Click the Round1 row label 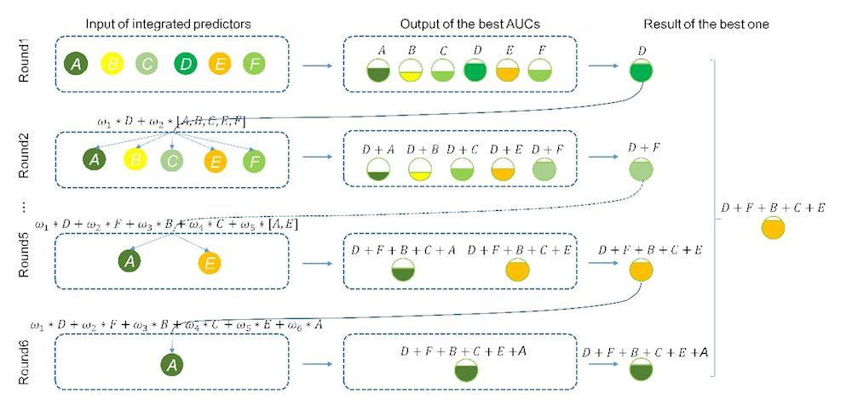[x=23, y=64]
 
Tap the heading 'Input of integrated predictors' [x=168, y=24]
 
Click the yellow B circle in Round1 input [x=112, y=63]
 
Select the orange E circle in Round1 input [x=219, y=63]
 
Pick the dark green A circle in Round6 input [x=173, y=365]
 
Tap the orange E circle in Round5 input [x=209, y=262]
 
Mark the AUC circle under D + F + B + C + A [x=403, y=271]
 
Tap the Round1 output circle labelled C [x=441, y=71]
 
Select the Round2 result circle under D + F [x=641, y=170]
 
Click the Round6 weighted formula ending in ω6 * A [x=176, y=323]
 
